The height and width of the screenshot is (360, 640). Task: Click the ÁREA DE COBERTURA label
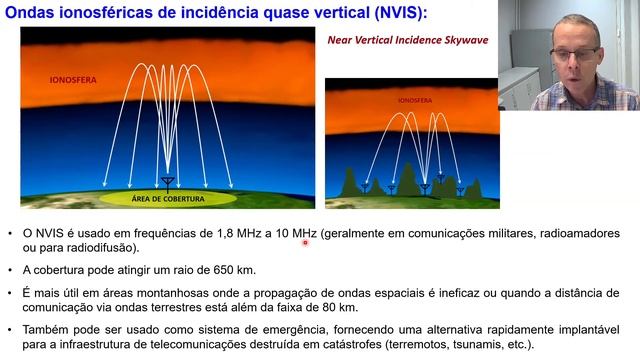[x=167, y=199]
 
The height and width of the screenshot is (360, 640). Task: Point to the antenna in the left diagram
[x=167, y=182]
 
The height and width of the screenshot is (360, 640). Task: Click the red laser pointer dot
[x=305, y=241]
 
